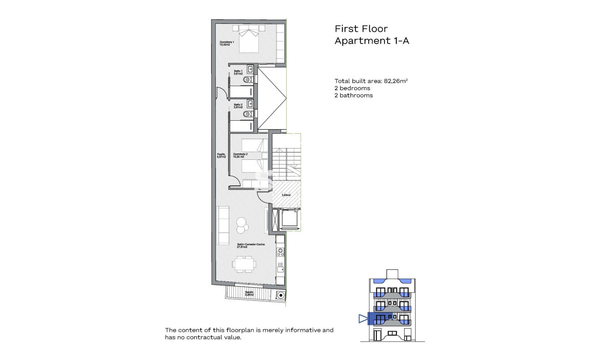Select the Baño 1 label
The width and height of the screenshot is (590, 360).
pos(238,72)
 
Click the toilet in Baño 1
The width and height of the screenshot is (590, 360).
pos(248,80)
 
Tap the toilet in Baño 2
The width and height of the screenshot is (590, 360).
pos(248,114)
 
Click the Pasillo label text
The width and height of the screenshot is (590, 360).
pos(221,155)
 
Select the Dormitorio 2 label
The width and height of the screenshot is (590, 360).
pos(240,155)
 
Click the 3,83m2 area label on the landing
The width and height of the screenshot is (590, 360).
pos(286,195)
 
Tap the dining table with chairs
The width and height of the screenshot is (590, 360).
pos(245,264)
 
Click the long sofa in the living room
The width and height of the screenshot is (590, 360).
pos(223,225)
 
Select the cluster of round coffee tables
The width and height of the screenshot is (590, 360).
pos(241,225)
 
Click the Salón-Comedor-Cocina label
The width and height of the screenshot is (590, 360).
pos(251,245)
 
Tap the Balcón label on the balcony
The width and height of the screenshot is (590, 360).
pos(249,293)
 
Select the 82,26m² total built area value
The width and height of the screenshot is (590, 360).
pos(395,81)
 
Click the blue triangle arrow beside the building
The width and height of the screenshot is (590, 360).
pos(363,319)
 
